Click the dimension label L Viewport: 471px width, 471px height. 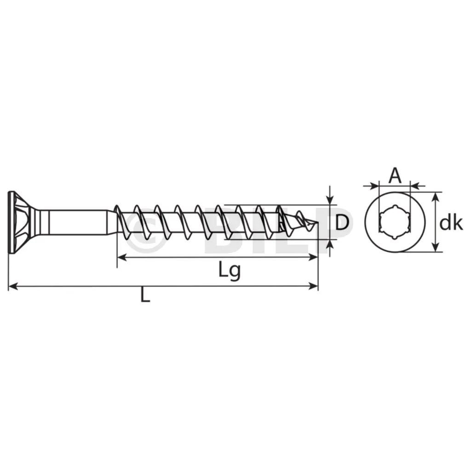pyautogui.click(x=145, y=296)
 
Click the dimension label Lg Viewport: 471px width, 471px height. pyautogui.click(x=230, y=270)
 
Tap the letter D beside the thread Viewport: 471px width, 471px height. pyautogui.click(x=342, y=223)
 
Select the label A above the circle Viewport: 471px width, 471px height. pyautogui.click(x=395, y=176)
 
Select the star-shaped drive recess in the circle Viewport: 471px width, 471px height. pyautogui.click(x=395, y=222)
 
